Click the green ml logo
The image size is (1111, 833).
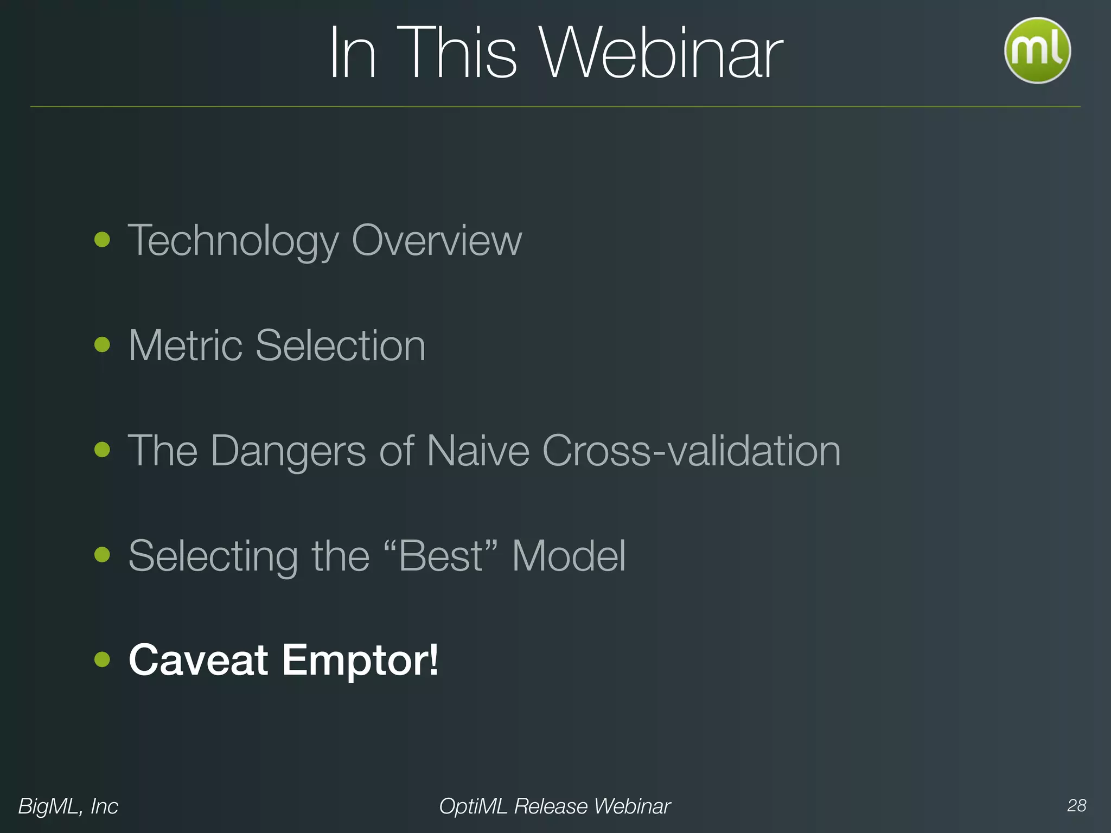coord(1037,50)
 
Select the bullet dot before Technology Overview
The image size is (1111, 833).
coord(102,240)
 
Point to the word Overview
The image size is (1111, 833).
coord(437,240)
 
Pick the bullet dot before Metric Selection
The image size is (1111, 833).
coord(102,344)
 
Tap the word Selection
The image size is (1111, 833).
coord(340,345)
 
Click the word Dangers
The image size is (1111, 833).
coord(288,451)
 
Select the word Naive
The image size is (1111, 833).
coord(477,451)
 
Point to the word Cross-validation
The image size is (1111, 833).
coord(691,451)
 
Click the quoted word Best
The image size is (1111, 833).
coord(441,556)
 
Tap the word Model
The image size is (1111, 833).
coord(569,556)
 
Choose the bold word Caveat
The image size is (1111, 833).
coord(199,660)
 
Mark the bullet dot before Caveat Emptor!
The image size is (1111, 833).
coord(102,659)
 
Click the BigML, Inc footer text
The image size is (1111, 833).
coord(68,806)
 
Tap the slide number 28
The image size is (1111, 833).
coord(1076,805)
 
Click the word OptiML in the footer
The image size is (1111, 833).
coord(473,806)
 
